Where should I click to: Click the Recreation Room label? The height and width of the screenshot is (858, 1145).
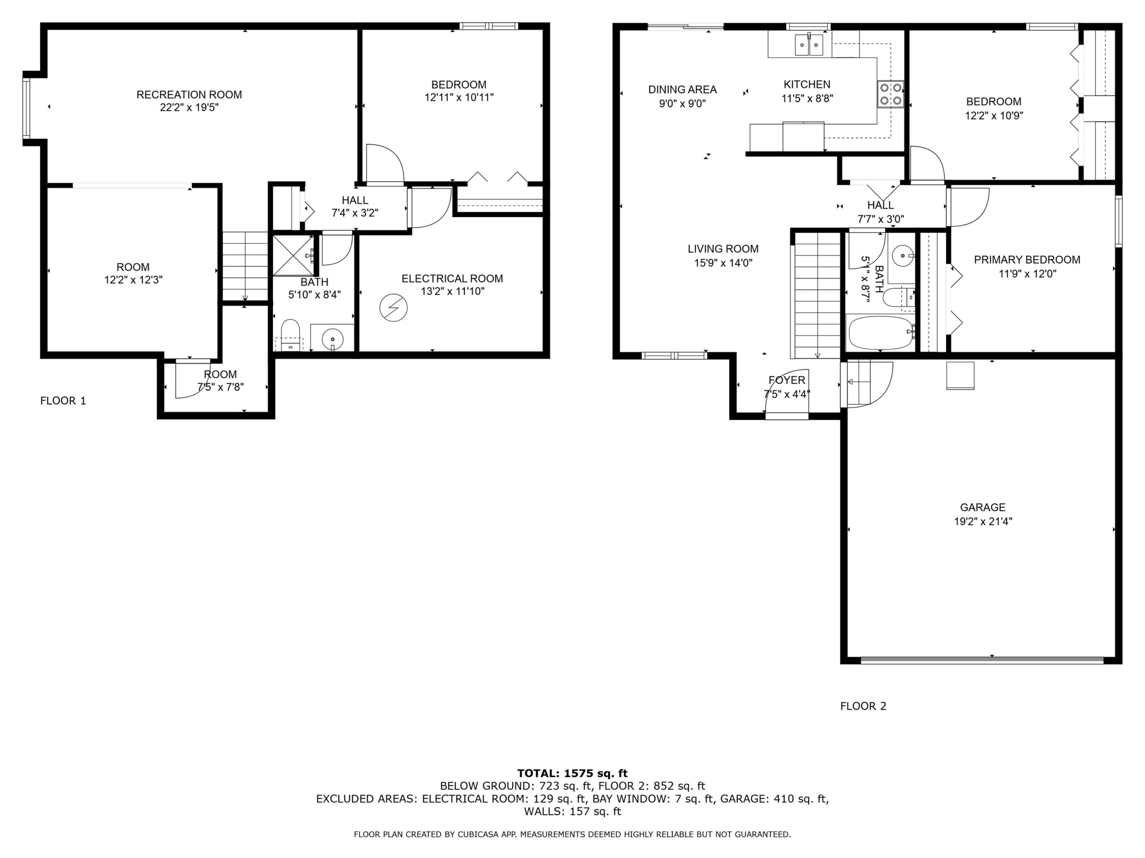(189, 95)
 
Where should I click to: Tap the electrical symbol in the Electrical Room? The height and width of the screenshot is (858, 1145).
(394, 308)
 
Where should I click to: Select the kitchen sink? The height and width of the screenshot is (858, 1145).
(809, 45)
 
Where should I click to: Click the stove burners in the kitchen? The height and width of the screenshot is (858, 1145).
(891, 94)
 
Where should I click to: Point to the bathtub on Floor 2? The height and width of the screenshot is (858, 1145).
(881, 332)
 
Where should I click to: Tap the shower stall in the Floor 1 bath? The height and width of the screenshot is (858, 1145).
(293, 256)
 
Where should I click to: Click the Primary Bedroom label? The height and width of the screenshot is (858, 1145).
(1027, 260)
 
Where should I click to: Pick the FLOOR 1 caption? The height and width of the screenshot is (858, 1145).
(63, 401)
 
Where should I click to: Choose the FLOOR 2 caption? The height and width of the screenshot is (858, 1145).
(863, 706)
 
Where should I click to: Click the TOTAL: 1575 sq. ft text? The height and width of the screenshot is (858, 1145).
(572, 773)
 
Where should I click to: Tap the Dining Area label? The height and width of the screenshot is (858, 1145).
(682, 89)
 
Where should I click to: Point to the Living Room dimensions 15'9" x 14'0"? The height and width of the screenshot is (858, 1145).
(723, 263)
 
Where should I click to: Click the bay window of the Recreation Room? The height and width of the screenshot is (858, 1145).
(26, 108)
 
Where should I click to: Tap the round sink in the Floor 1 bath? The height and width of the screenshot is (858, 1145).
(332, 339)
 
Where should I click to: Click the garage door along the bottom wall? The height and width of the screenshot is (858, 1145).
(982, 660)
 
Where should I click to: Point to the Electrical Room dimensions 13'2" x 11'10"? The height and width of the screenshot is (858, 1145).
(453, 292)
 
